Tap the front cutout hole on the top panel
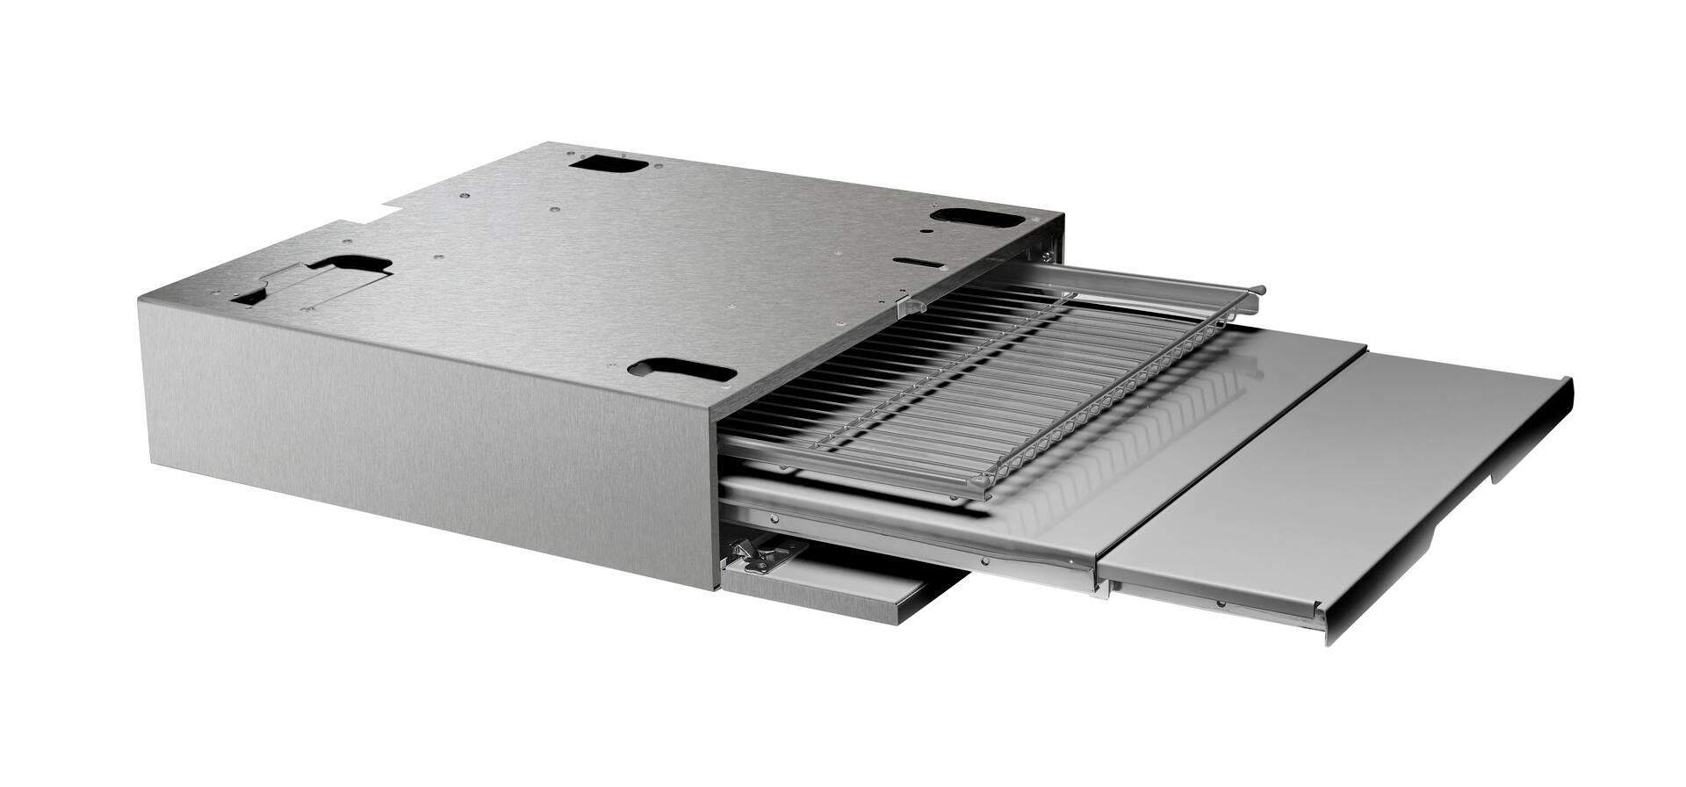click(681, 370)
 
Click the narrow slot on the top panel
click(917, 261)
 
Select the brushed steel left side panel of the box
click(421, 439)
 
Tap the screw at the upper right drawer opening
click(1046, 256)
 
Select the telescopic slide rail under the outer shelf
click(1212, 602)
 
